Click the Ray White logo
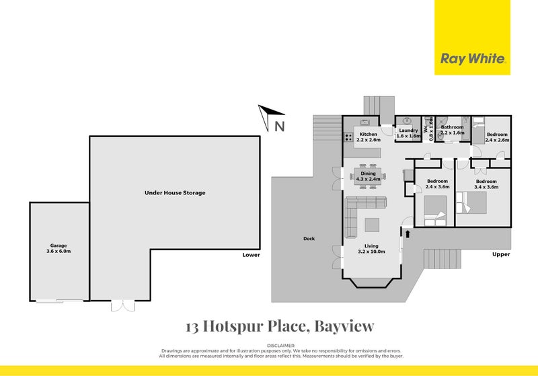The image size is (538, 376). click(472, 59)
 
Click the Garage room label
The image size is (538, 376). click(58, 249)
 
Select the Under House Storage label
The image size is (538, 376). click(175, 193)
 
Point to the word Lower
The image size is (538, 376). click(252, 255)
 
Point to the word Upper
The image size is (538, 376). click(501, 255)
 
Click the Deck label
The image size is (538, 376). click(309, 239)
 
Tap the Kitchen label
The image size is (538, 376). click(369, 136)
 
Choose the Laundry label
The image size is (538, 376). click(408, 133)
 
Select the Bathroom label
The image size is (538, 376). click(452, 130)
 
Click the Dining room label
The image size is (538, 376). click(368, 177)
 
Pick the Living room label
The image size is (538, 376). click(372, 249)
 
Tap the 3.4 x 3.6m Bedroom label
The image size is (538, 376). click(486, 184)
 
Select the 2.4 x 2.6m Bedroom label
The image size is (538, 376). click(498, 137)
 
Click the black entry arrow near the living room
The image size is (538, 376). click(407, 233)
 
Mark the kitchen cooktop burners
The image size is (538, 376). click(349, 138)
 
